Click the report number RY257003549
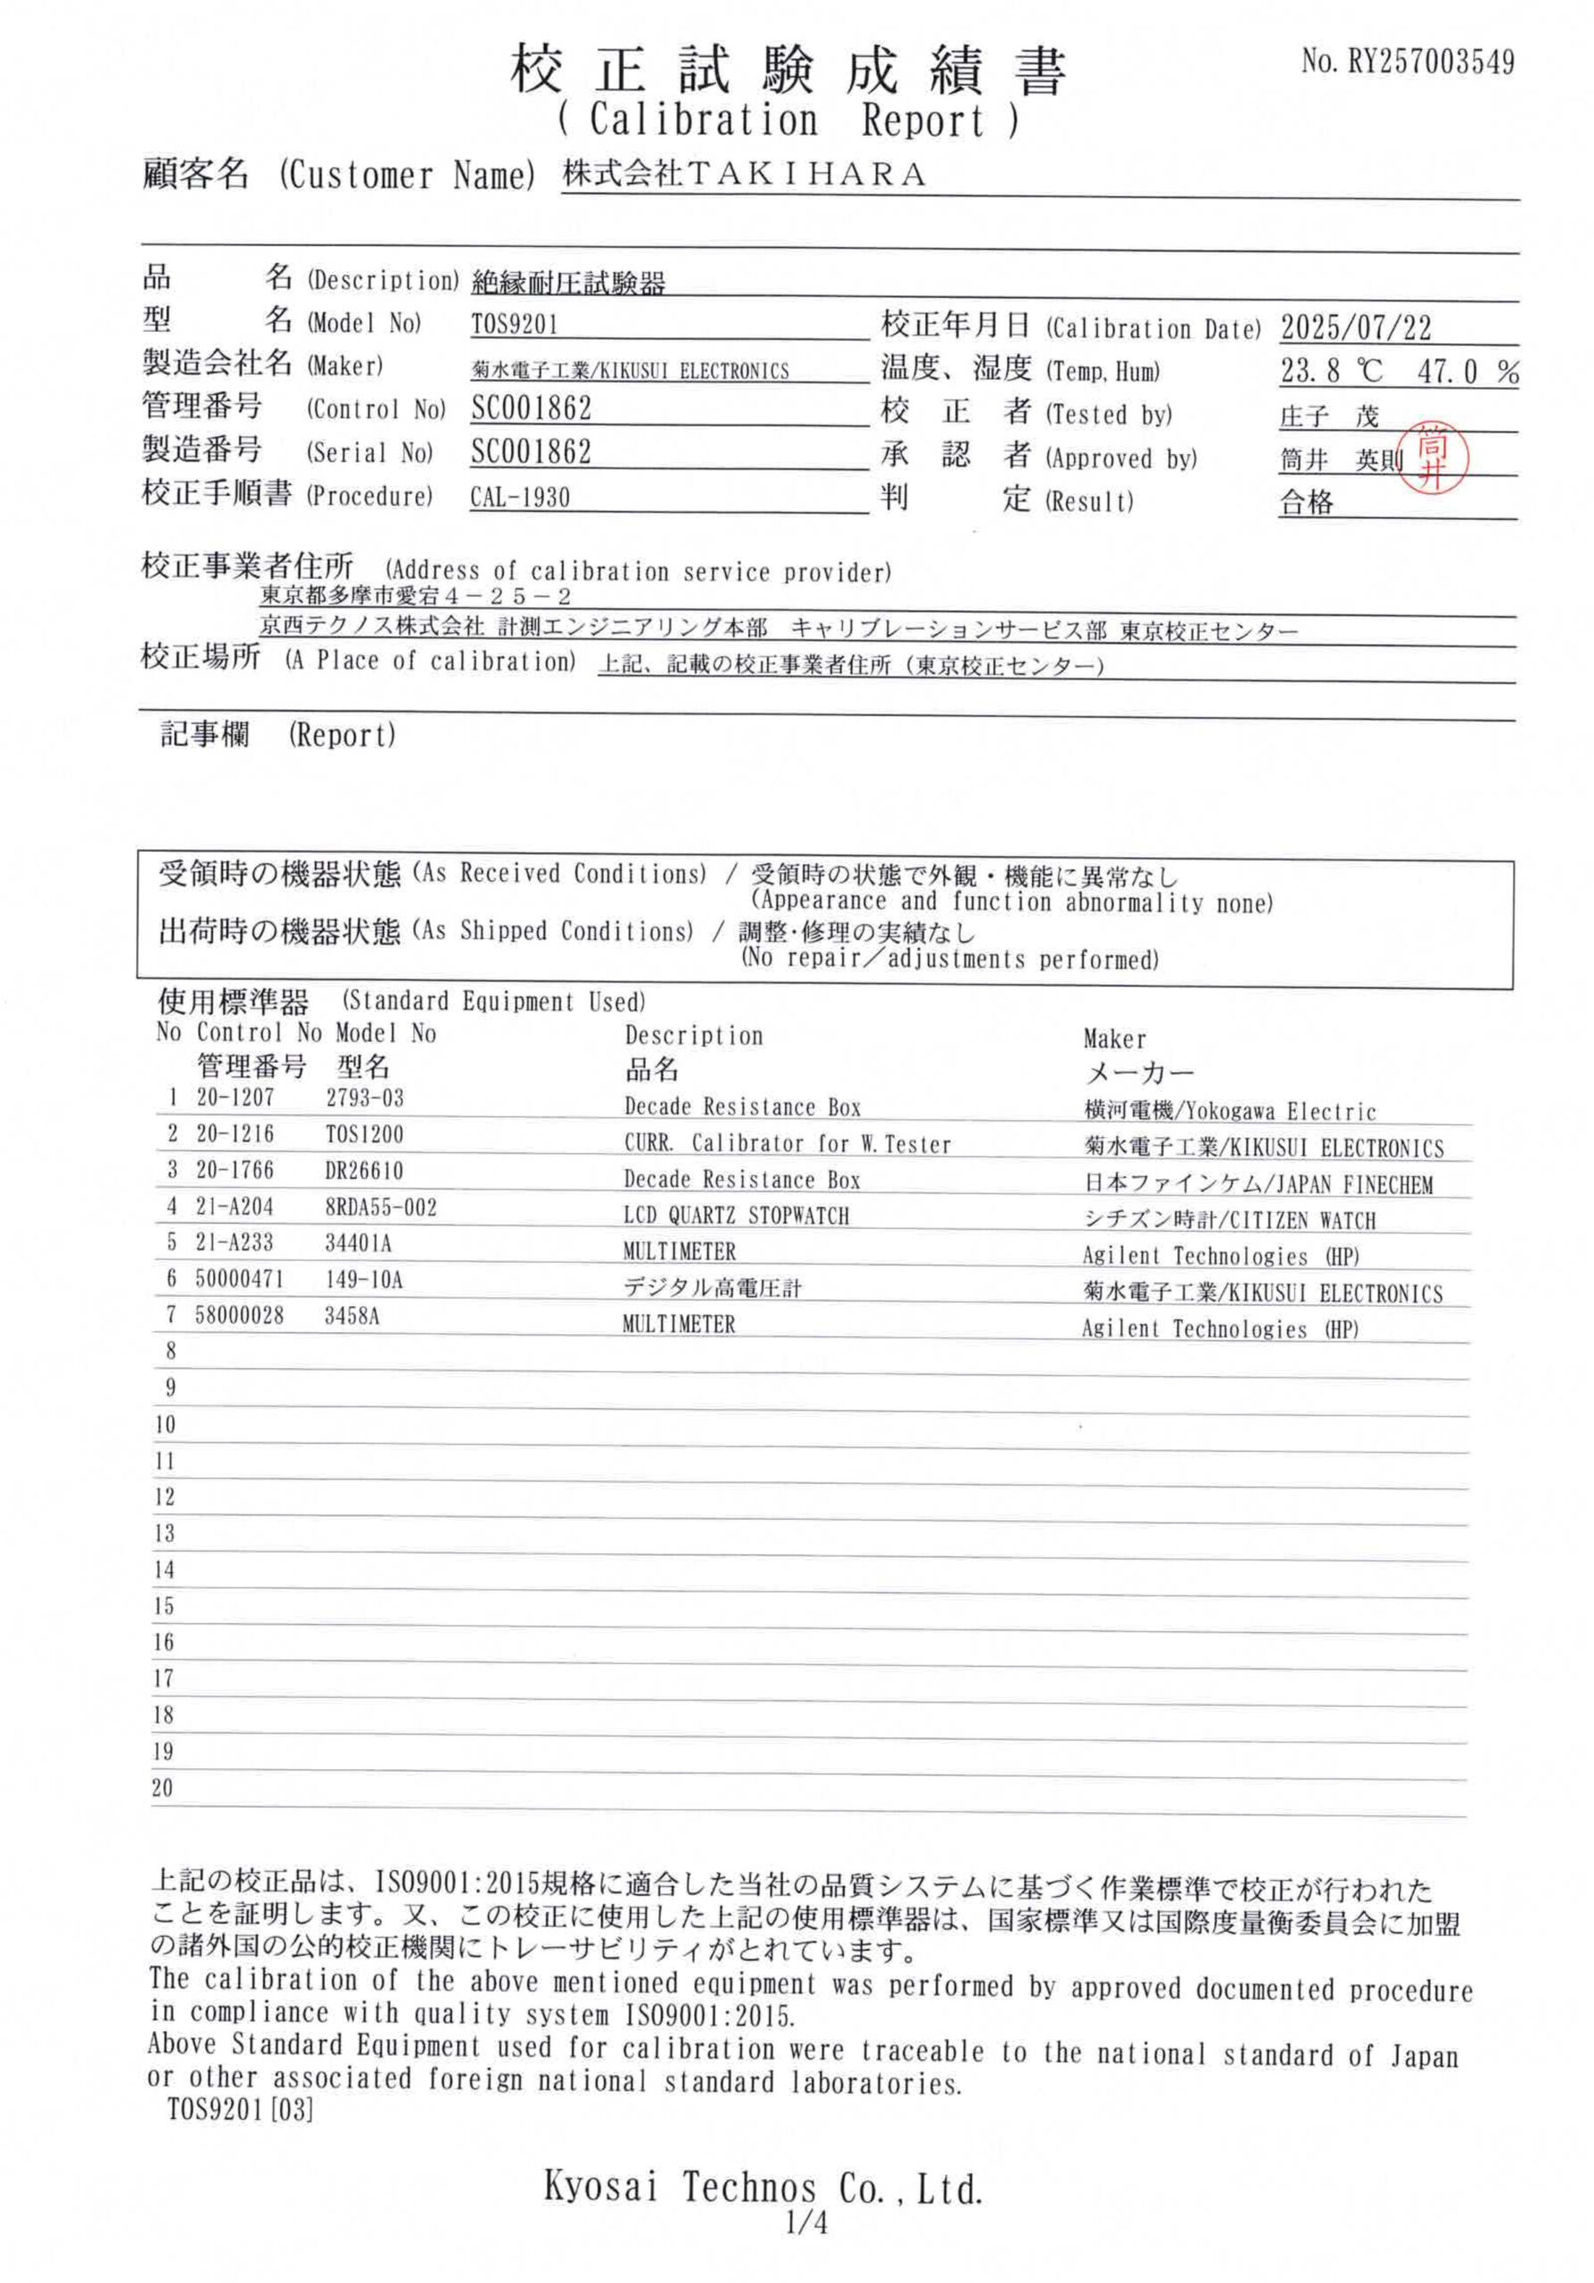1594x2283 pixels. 1430,62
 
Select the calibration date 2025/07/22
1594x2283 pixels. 1355,327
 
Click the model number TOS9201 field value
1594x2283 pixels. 514,324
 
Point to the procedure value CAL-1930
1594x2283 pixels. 520,497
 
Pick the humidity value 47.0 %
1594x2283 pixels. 1467,372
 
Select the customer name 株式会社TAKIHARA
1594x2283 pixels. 744,175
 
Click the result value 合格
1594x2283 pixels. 1306,502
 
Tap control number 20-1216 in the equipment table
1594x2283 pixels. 235,1133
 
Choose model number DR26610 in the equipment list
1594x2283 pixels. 364,1170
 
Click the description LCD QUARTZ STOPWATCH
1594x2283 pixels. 736,1216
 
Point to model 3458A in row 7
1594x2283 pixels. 352,1316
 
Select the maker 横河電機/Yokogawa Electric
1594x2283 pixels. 1229,1110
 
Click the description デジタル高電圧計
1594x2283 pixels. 711,1288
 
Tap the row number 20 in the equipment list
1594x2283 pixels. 163,1788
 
